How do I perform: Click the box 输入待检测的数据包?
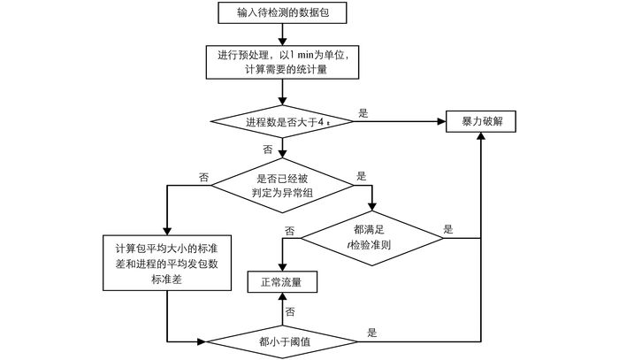click(x=281, y=12)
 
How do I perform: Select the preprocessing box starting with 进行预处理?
click(x=281, y=62)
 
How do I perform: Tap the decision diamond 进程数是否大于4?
click(x=281, y=121)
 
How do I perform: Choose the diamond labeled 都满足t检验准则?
click(x=371, y=236)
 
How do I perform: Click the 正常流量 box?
click(x=281, y=283)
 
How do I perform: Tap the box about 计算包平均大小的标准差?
click(x=167, y=263)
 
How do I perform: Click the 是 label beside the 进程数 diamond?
click(x=363, y=112)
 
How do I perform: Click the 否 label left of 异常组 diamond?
click(x=203, y=177)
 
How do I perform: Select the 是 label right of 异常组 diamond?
click(x=361, y=177)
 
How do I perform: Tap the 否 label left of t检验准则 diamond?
click(x=289, y=231)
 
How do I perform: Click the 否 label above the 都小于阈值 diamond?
click(x=290, y=312)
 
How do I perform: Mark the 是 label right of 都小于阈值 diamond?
click(x=372, y=333)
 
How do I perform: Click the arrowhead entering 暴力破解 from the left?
click(x=440, y=121)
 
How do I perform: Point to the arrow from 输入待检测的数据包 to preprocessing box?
click(x=281, y=34)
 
